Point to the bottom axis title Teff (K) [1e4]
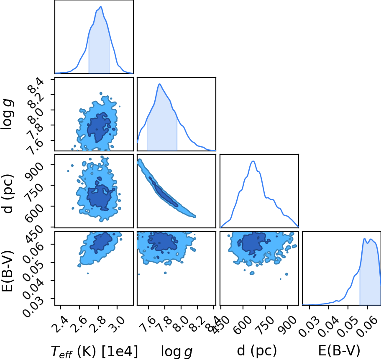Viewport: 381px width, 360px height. tap(94, 351)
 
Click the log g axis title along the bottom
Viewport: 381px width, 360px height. tap(176, 352)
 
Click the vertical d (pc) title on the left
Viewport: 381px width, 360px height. tap(8, 194)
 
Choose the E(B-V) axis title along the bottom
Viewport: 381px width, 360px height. tap(339, 350)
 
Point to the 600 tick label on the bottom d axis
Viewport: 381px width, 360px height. tap(239, 325)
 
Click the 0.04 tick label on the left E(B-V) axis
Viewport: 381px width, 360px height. tap(33, 289)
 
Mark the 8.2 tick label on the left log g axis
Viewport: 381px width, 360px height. tap(36, 101)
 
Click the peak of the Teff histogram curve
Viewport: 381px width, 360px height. tap(101, 7)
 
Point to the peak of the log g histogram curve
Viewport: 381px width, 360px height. tap(160, 84)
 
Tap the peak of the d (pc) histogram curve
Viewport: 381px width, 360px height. tap(253, 161)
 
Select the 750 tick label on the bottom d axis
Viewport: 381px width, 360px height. tap(262, 325)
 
